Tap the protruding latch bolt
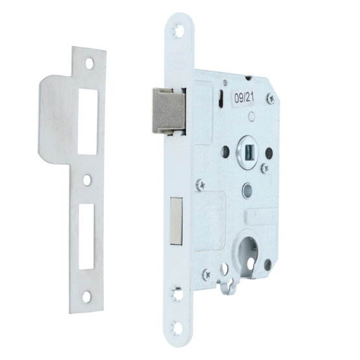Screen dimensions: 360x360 click(169, 111)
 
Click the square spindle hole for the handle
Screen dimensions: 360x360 click(248, 151)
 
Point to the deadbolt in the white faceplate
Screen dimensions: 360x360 click(176, 221)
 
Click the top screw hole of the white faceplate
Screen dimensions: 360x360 click(178, 30)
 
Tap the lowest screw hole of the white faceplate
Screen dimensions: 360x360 click(176, 328)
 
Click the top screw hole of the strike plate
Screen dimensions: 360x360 click(90, 64)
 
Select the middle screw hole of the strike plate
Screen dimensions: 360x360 click(86, 180)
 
